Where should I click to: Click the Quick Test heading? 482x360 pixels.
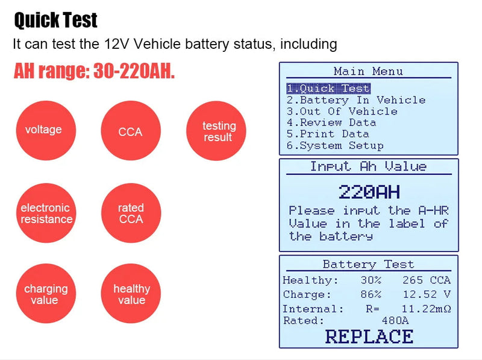[x=55, y=21]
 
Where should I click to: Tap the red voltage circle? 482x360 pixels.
[x=43, y=130]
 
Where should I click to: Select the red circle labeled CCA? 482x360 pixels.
[x=130, y=131]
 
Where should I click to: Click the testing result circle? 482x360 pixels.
[x=218, y=131]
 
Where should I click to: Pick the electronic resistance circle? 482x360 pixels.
[x=46, y=213]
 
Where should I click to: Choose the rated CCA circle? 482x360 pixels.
[x=131, y=213]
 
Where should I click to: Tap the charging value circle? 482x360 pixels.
[x=46, y=294]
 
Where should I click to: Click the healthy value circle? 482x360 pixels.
[x=131, y=294]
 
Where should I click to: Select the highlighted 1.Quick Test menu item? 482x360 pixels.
[x=328, y=89]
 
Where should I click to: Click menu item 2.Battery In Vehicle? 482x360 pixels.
[x=355, y=100]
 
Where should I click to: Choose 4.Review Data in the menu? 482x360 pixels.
[x=331, y=122]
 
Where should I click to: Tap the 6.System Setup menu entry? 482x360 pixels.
[x=334, y=145]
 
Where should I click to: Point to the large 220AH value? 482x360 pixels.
[x=369, y=192]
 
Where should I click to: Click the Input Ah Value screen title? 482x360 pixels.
[x=368, y=166]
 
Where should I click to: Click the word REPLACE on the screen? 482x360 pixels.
[x=369, y=336]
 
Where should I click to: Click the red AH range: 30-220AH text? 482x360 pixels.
[x=95, y=72]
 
